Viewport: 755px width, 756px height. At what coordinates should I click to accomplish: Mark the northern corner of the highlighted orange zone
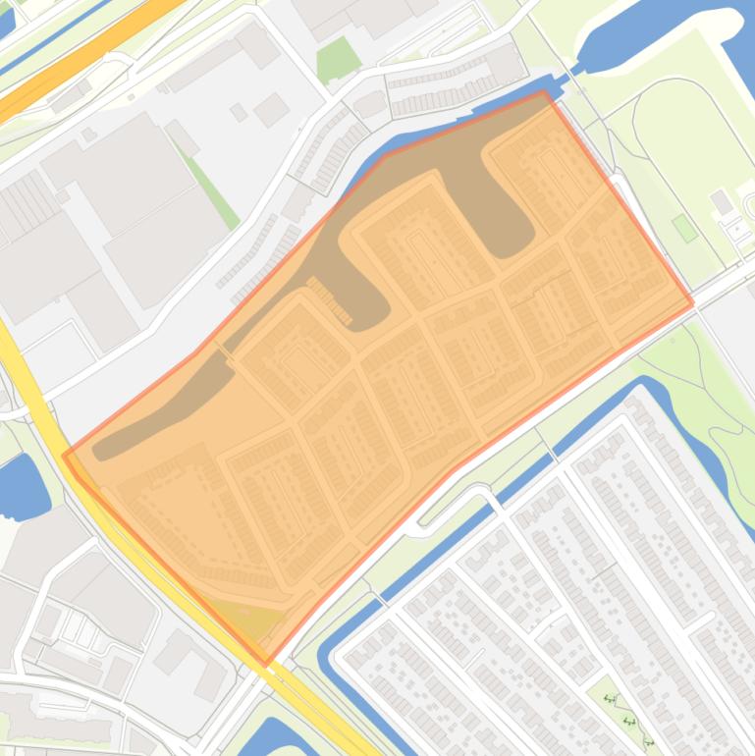tap(543, 93)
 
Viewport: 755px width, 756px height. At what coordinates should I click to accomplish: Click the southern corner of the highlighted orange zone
tap(265, 664)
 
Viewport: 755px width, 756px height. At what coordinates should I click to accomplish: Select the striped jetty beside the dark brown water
tap(332, 299)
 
